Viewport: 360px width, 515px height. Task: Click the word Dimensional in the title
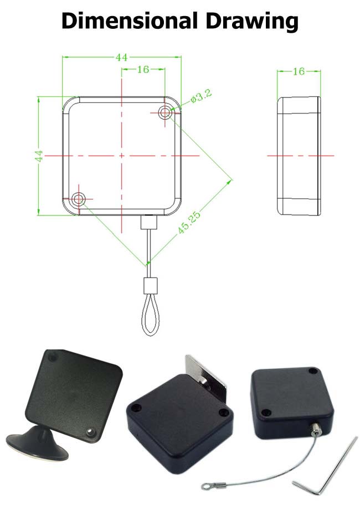click(x=130, y=21)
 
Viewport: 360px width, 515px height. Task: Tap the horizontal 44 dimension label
click(x=121, y=58)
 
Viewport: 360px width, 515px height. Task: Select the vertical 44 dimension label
click(x=39, y=156)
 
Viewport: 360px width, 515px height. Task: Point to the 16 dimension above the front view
click(x=143, y=69)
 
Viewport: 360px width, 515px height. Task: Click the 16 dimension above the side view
click(x=299, y=71)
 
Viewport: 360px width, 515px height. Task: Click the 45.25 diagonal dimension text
click(x=189, y=223)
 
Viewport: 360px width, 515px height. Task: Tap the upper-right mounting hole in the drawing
click(x=165, y=112)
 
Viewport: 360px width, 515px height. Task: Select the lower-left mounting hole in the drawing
click(x=79, y=199)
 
